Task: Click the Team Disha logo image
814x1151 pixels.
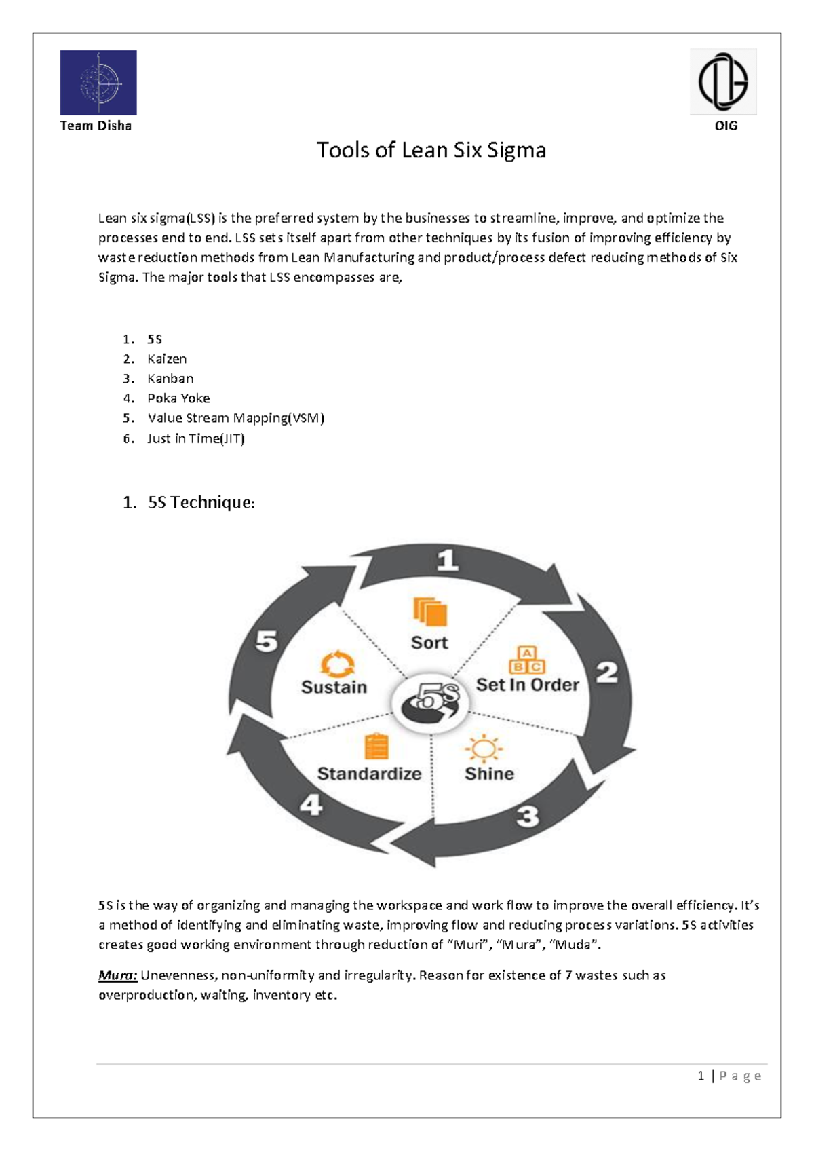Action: pyautogui.click(x=98, y=82)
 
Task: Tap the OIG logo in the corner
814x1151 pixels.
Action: pyautogui.click(x=723, y=81)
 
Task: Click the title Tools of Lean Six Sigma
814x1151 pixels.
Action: pyautogui.click(x=431, y=150)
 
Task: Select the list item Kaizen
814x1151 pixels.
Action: pyautogui.click(x=167, y=359)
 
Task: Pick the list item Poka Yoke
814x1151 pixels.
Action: pyautogui.click(x=178, y=398)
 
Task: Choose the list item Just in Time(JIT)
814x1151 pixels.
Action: pyautogui.click(x=195, y=438)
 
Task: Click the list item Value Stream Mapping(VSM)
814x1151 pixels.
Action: pyautogui.click(x=235, y=418)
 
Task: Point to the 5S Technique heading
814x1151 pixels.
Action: pyautogui.click(x=201, y=502)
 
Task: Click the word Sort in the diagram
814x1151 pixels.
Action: pyautogui.click(x=429, y=643)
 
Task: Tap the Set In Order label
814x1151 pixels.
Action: pyautogui.click(x=527, y=685)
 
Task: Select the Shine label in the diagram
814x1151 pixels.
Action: pyautogui.click(x=489, y=774)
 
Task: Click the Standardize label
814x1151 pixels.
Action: pyautogui.click(x=369, y=774)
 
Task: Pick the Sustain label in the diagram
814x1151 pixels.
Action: pyautogui.click(x=334, y=687)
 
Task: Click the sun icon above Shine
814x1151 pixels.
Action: pyautogui.click(x=483, y=749)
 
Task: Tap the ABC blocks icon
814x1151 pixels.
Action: pyautogui.click(x=527, y=660)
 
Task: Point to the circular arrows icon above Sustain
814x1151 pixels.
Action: pyautogui.click(x=337, y=664)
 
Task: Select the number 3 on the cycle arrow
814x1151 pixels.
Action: pyautogui.click(x=528, y=816)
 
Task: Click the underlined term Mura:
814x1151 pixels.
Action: pyautogui.click(x=118, y=975)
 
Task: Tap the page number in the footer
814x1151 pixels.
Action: pyautogui.click(x=701, y=1076)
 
